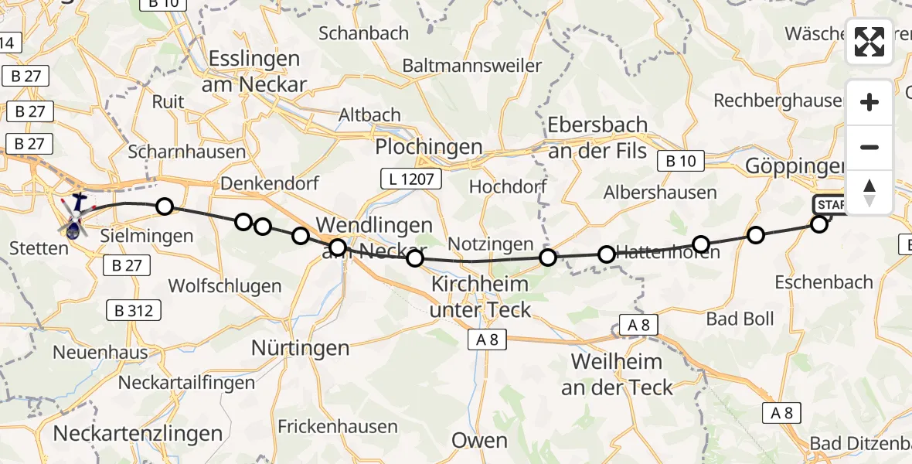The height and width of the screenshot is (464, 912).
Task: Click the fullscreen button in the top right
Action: (869, 42)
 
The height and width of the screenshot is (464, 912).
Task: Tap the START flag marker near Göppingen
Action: (829, 205)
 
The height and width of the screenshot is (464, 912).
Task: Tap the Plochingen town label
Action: (428, 147)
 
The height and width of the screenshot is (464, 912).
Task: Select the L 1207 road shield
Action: (410, 179)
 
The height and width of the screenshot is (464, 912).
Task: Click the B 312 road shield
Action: (134, 312)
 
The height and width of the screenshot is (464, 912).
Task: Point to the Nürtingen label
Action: (301, 349)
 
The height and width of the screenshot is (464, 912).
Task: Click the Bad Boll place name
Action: (740, 319)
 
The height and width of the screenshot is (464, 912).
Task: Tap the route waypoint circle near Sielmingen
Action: (164, 206)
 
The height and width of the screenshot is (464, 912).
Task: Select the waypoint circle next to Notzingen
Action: (547, 257)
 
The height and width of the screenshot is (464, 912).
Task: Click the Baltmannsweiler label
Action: (471, 66)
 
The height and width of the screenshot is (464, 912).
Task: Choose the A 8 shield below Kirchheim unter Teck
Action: (487, 339)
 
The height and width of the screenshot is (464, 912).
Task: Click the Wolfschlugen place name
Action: (224, 286)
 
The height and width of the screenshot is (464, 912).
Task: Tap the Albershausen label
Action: (660, 193)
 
